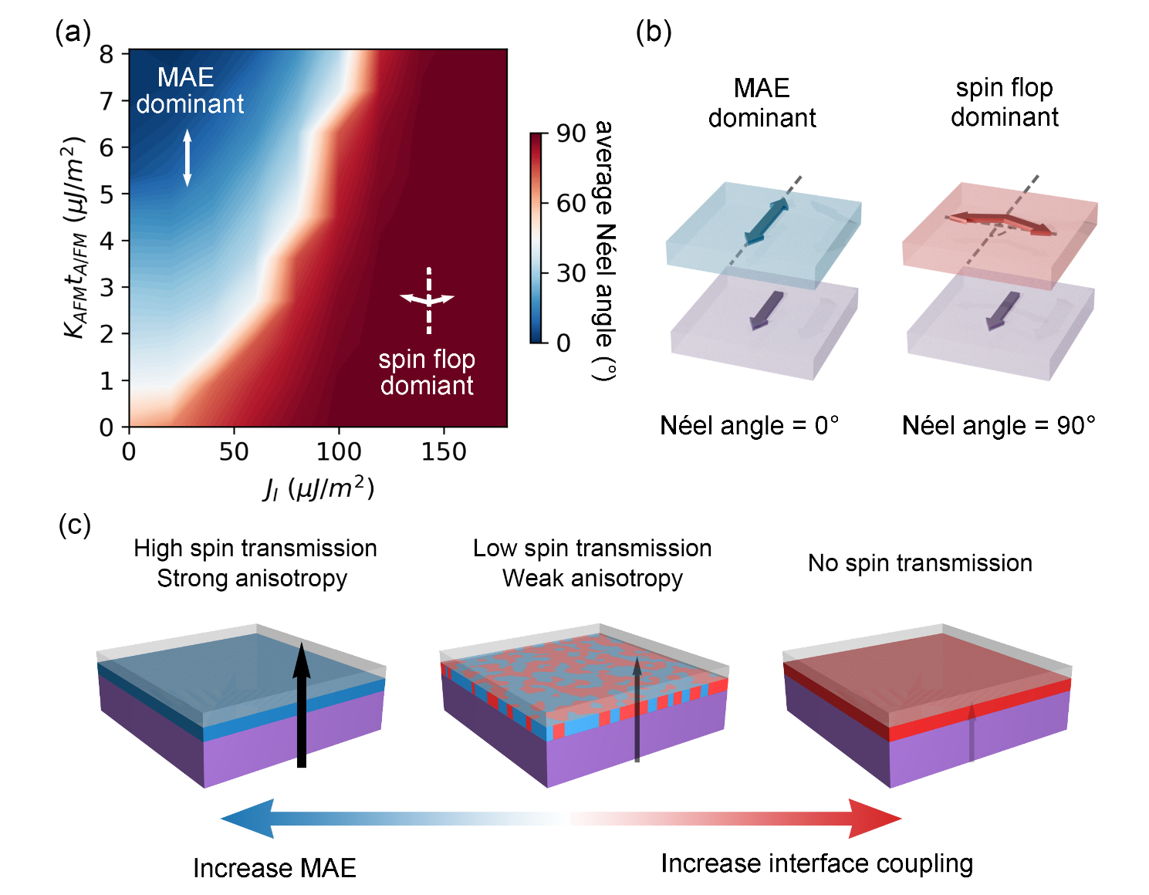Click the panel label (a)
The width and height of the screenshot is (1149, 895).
coord(73,32)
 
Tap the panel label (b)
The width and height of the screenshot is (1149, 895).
coord(653,32)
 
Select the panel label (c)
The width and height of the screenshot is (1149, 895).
coord(74,525)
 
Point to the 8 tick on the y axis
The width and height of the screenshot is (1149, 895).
coord(106,54)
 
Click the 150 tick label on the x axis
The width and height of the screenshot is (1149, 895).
coord(444,452)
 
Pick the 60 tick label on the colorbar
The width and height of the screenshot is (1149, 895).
coord(571,204)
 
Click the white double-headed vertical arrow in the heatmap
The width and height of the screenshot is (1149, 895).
coord(187,158)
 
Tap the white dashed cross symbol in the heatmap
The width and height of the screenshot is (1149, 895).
coord(428,300)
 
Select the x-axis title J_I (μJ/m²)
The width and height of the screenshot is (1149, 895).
coord(319,489)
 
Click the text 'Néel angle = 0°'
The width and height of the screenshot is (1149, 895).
coord(749,426)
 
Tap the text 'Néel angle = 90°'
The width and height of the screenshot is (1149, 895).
coord(999,426)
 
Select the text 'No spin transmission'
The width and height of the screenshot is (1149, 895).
coord(920,563)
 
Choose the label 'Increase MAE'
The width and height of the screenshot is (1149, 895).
coord(275,868)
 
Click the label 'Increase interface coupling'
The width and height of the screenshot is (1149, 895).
coord(816,863)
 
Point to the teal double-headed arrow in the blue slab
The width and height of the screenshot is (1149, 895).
coord(767,221)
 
